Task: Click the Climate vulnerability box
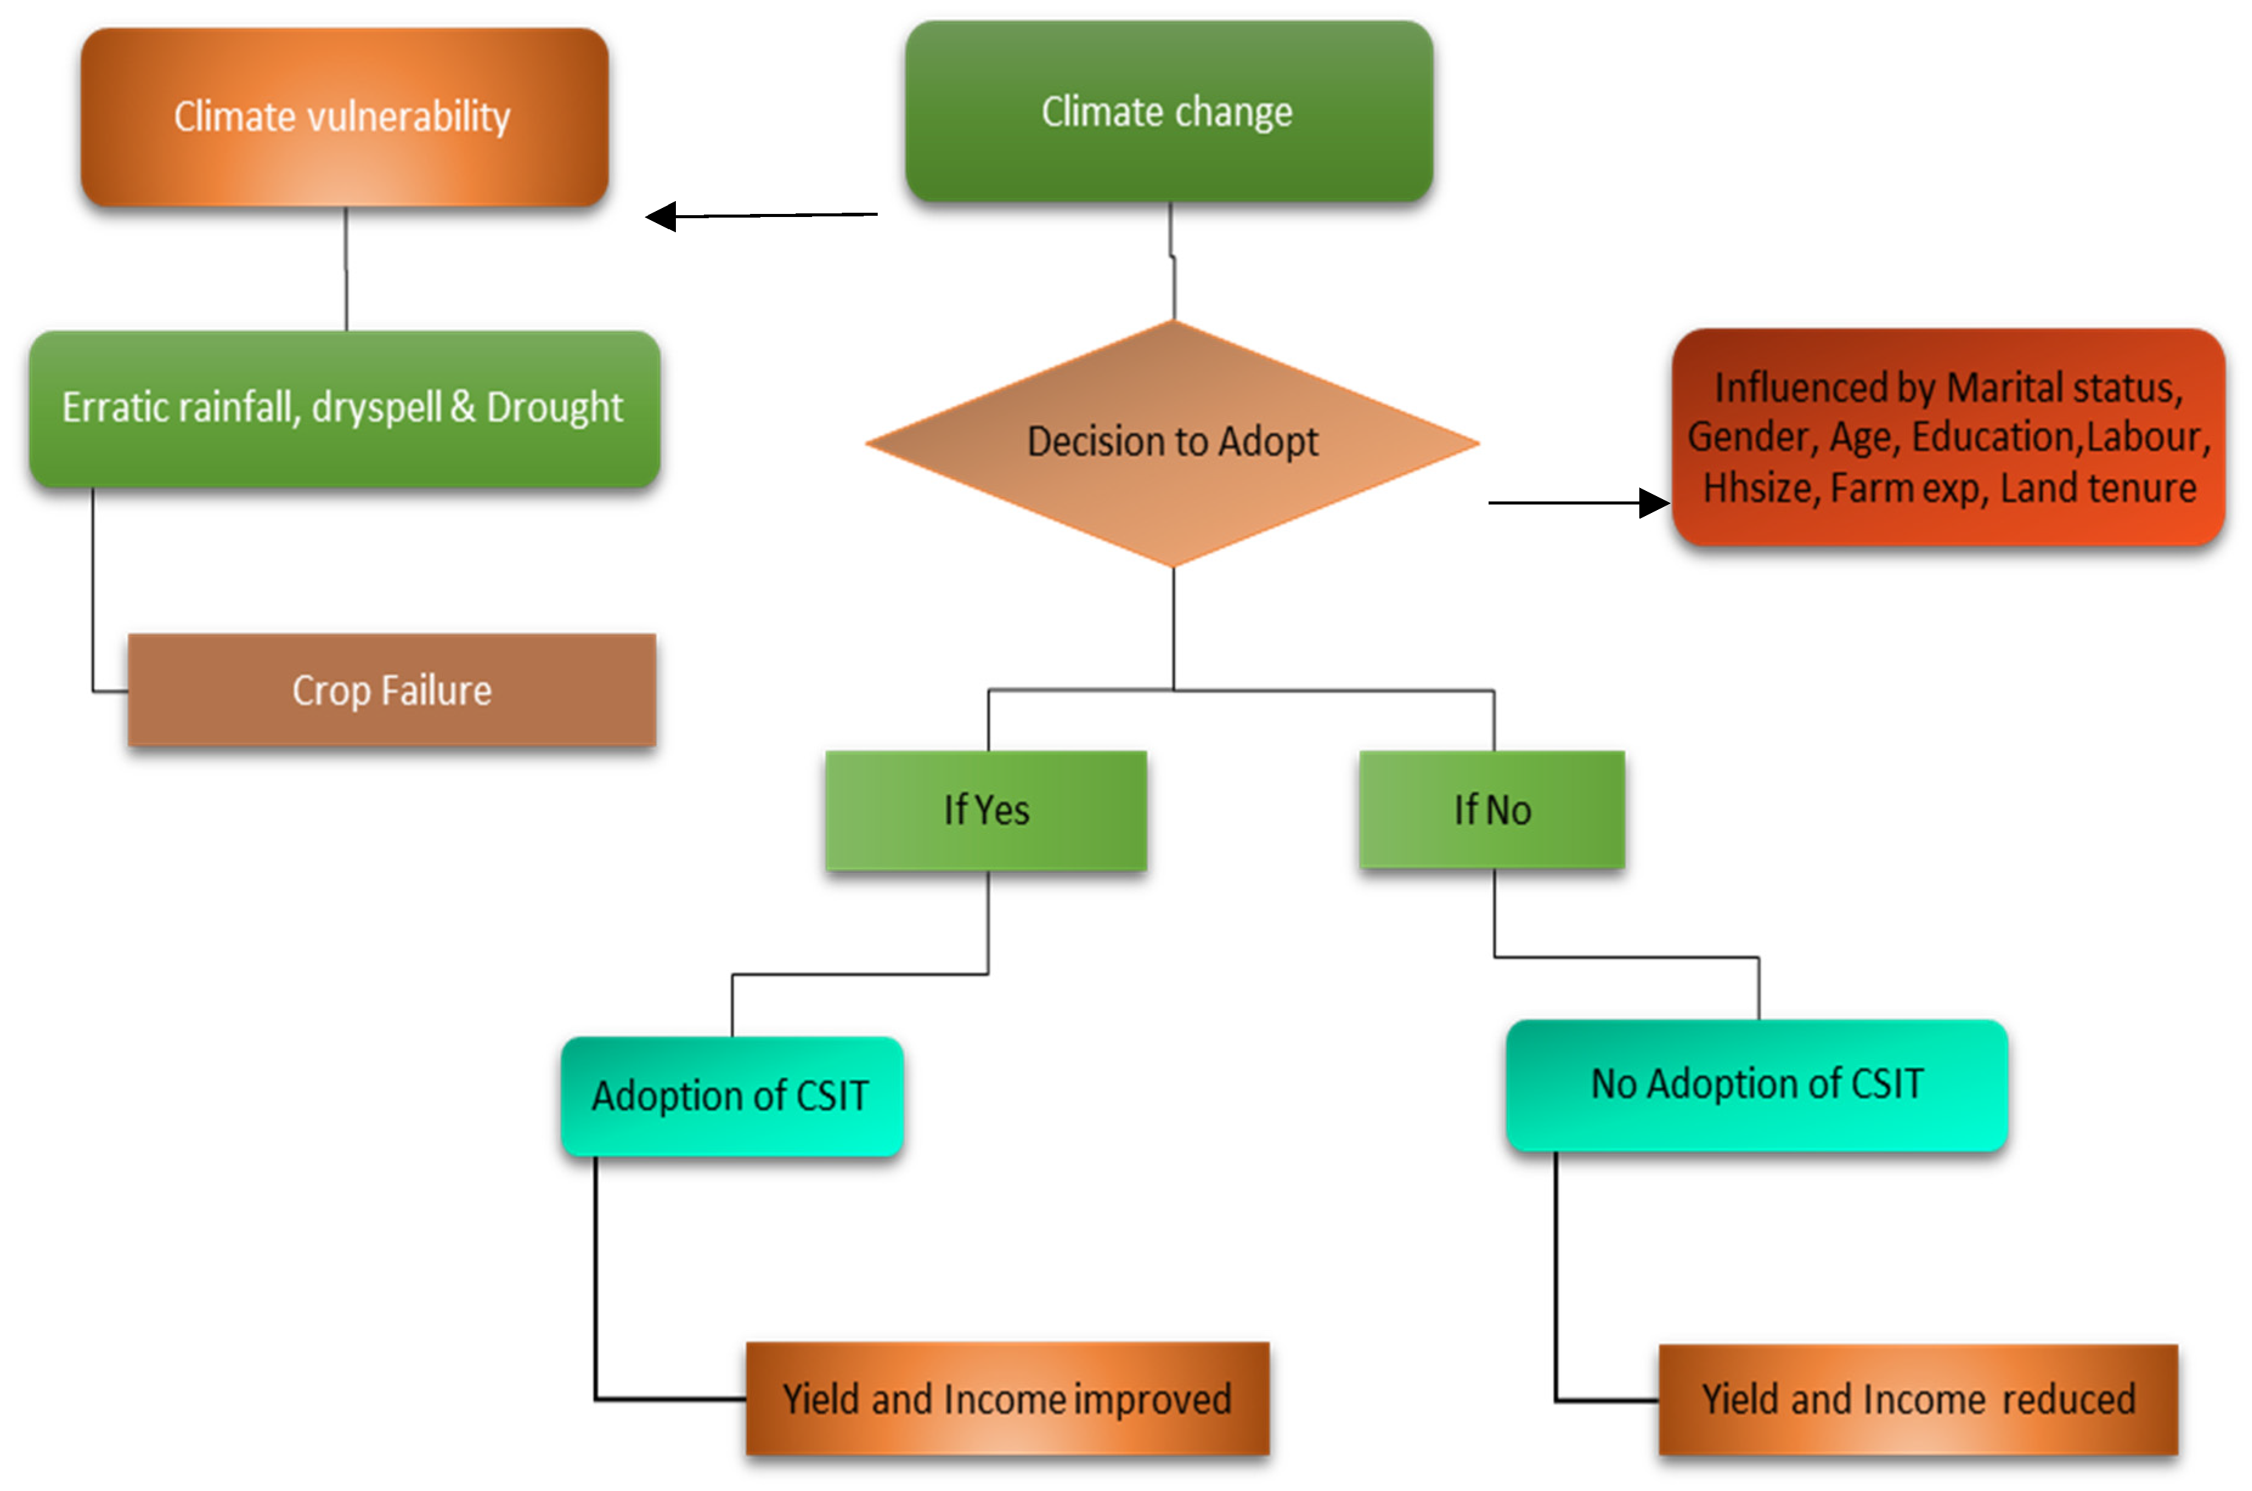pos(344,117)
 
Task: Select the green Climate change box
pos(1168,111)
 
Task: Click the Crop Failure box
pos(391,690)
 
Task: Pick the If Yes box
pos(986,810)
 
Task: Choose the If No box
pos(1492,810)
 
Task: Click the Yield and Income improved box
pos(1007,1399)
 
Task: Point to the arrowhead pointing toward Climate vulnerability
pos(661,217)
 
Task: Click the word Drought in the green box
pos(554,408)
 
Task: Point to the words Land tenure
pos(2098,489)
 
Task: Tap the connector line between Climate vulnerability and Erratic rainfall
pos(346,269)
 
